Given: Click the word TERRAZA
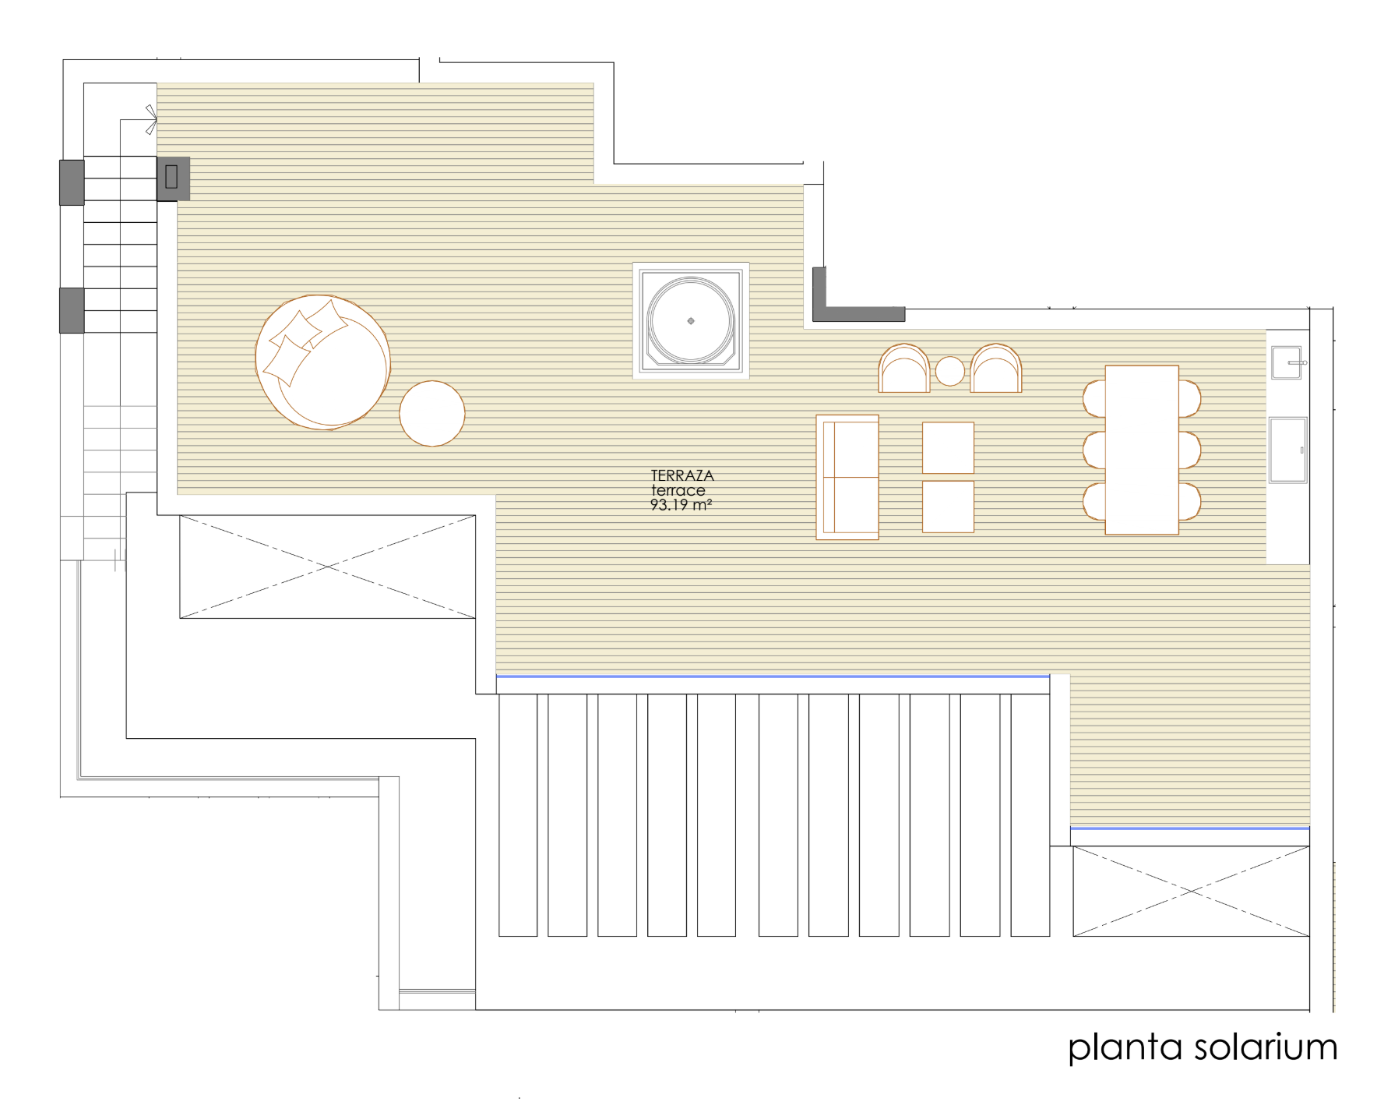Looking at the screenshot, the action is (x=682, y=475).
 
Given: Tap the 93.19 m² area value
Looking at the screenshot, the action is (x=681, y=505).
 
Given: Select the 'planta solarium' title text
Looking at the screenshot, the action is (x=1203, y=1047).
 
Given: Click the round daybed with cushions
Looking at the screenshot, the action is (x=322, y=362).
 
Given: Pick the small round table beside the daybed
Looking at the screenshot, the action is (x=432, y=413).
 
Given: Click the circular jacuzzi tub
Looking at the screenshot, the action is (x=691, y=321).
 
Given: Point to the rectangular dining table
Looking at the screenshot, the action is (x=1142, y=450).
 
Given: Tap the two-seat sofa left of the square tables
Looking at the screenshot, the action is (x=847, y=477).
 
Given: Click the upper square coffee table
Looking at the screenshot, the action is (x=948, y=447).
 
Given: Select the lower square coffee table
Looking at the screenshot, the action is (x=948, y=507).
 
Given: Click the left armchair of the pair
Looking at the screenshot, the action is (x=904, y=369).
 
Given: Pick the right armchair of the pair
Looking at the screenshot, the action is (x=996, y=369).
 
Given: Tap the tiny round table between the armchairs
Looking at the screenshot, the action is (x=949, y=371).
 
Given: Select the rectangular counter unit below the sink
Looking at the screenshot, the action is (x=1288, y=450).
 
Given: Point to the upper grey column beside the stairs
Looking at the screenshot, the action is (x=72, y=182).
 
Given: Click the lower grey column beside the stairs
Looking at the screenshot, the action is (x=72, y=310).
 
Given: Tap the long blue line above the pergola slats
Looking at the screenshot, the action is (x=773, y=676).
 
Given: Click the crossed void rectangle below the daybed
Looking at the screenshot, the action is (x=327, y=567).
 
